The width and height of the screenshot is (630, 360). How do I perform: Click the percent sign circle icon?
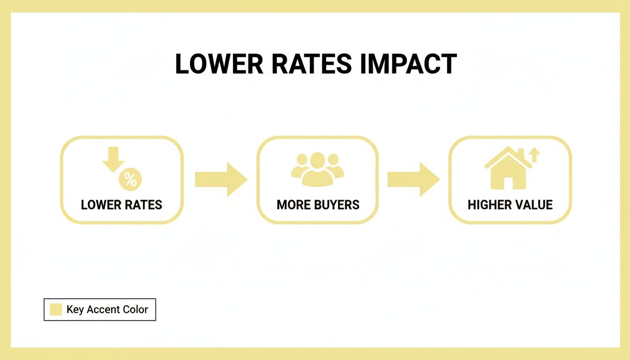(x=130, y=180)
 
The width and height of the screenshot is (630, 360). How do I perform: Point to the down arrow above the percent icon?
(x=113, y=160)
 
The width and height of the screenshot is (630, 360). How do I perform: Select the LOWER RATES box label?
(x=121, y=205)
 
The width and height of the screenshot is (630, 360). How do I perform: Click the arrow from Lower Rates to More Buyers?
(x=221, y=180)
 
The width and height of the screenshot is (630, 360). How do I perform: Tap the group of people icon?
(x=317, y=169)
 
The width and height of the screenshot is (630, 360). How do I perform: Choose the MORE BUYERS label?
(x=318, y=205)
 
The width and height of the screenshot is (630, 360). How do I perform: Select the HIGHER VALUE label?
(x=510, y=205)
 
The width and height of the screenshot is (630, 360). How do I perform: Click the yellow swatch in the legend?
(x=56, y=309)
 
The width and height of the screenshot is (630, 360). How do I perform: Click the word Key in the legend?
(x=75, y=309)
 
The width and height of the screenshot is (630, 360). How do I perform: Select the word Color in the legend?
(x=135, y=309)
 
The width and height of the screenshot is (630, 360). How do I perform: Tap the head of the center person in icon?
(x=317, y=160)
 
